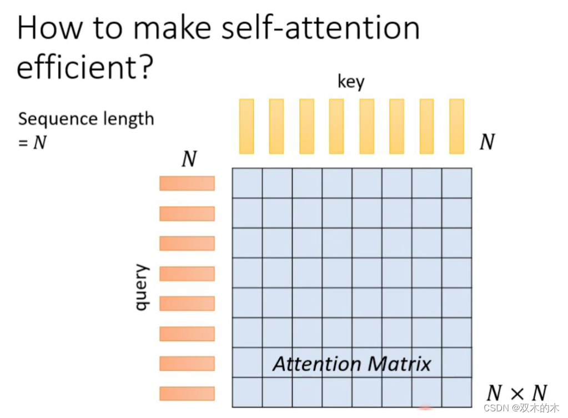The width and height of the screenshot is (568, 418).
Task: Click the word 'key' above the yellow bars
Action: point(351,82)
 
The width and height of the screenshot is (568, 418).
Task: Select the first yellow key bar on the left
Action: point(247,126)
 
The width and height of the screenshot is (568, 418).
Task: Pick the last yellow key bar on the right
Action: point(456,126)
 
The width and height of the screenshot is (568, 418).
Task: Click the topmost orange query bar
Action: point(187,183)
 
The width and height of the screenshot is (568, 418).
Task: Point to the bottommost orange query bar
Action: point(187,394)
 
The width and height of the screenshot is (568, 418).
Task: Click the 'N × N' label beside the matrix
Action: point(516,393)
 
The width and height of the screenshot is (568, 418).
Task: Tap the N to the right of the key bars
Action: point(487,143)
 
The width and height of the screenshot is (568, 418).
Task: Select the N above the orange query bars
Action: point(189,159)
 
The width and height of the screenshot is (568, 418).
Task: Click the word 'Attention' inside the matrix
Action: point(316,364)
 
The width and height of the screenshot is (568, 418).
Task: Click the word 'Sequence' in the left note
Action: point(51,119)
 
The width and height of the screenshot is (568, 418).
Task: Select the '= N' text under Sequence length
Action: point(32,143)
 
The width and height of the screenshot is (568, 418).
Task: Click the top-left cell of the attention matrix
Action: point(247,183)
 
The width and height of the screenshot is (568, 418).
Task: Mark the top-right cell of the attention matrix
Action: point(456,183)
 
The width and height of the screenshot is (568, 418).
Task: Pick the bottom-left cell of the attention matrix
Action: point(247,392)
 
